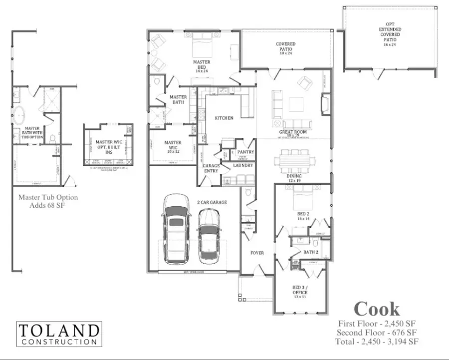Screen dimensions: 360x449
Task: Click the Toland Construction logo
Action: (x=59, y=334)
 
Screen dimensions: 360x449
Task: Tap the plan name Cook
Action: (x=377, y=309)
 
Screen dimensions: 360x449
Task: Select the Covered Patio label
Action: (x=286, y=47)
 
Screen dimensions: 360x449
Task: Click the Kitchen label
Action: (x=224, y=118)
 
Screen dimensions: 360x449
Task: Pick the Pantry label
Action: (x=245, y=152)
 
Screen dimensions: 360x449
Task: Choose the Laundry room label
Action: (x=243, y=165)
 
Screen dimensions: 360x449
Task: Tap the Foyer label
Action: (x=257, y=253)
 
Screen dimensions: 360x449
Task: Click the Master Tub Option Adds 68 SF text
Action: (x=48, y=201)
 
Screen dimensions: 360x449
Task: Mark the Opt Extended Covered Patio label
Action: (x=390, y=34)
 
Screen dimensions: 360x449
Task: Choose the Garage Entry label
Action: (x=211, y=168)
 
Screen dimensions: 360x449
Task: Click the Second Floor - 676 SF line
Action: (x=377, y=333)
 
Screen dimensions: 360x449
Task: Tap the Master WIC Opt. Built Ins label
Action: (x=108, y=145)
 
